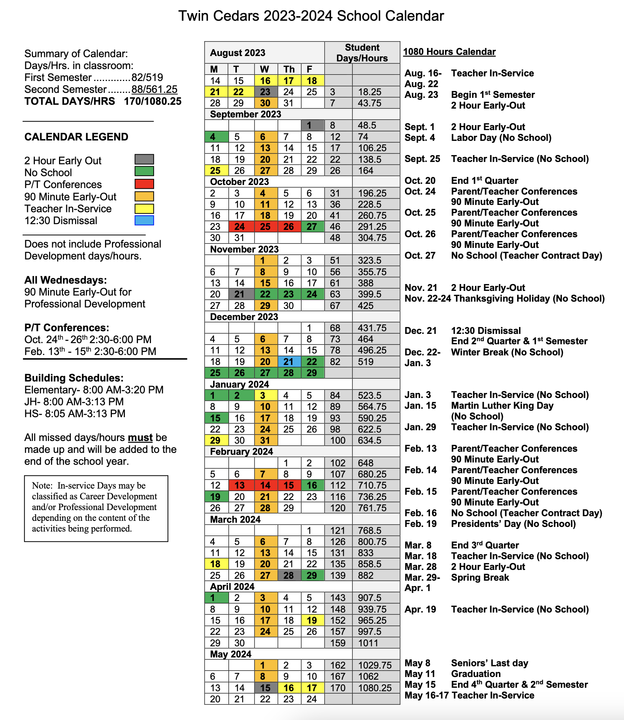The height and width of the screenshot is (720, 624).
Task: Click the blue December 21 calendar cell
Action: point(289,362)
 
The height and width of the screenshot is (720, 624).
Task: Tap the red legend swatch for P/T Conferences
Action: point(144,184)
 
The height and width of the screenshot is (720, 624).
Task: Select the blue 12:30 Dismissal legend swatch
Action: point(144,221)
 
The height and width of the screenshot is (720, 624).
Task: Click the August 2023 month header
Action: point(238,53)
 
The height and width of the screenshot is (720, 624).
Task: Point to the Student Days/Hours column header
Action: point(362,53)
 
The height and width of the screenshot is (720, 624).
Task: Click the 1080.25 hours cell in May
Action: point(375,688)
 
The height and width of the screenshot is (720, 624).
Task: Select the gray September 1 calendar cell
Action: point(312,126)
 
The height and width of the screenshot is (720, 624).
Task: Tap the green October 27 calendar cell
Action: point(312,227)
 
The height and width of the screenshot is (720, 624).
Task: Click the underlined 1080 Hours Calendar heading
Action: point(449,52)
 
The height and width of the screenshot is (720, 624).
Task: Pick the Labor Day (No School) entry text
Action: point(501,138)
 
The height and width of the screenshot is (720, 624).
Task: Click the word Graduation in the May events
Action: point(476,674)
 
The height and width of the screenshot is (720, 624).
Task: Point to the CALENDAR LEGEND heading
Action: point(76,137)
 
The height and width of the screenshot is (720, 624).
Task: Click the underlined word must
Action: point(140,438)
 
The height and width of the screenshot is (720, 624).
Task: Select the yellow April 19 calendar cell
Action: point(312,621)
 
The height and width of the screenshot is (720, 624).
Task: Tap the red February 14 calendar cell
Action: point(266,486)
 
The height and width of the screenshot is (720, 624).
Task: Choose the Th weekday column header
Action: point(289,69)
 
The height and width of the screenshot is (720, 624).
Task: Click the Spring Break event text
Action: point(480,578)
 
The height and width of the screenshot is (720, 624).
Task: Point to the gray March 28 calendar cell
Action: point(289,575)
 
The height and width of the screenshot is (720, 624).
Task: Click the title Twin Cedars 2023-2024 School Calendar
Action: point(311,16)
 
